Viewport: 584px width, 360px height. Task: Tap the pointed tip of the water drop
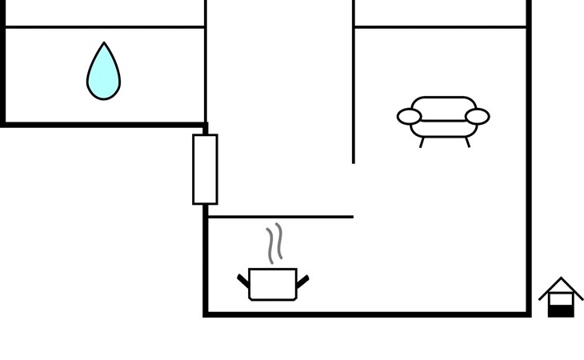coord(104,45)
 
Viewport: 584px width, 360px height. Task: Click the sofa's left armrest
coord(409,117)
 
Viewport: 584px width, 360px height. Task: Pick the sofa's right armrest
coord(478,117)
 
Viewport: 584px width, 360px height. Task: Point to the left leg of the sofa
coord(422,142)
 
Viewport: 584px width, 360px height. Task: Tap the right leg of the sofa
coord(467,142)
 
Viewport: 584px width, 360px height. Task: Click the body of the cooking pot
coord(273,285)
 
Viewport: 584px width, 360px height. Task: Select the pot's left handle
coord(243,281)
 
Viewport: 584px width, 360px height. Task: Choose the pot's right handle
coord(302,281)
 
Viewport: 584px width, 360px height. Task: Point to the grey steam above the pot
coord(274,244)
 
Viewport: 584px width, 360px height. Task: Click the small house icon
coord(561,298)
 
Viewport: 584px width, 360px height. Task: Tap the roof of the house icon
coord(561,285)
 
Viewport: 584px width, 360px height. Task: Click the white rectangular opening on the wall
coord(205,169)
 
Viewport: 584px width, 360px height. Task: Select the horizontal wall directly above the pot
coord(280,216)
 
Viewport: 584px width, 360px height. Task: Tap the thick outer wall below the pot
coord(360,314)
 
